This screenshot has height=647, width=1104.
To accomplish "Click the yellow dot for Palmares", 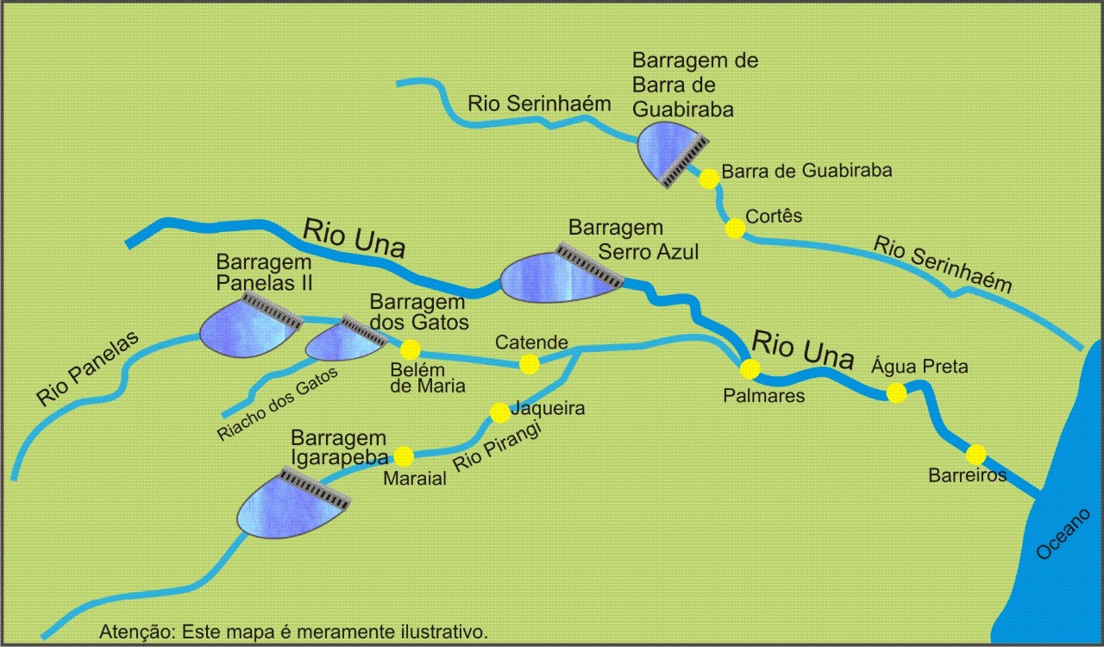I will click(750, 369).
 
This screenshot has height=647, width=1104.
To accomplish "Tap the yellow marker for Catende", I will click(530, 364).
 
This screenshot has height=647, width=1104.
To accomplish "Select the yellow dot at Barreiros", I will click(975, 454).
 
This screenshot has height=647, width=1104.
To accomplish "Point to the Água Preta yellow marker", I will click(896, 393).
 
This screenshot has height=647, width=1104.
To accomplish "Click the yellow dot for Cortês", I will click(735, 229).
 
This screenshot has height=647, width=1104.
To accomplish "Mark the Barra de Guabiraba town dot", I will click(709, 179).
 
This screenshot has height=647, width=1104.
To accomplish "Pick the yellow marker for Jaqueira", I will click(499, 412).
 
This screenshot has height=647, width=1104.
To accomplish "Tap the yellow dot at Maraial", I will click(403, 456).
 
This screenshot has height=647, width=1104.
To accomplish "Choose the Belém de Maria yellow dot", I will click(410, 349).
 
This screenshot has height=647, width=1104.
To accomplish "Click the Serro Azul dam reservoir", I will click(552, 278).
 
